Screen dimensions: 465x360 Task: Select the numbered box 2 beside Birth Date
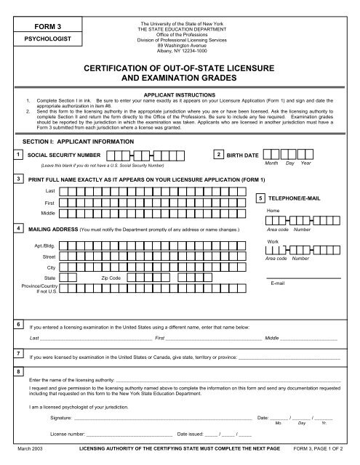tap(220, 155)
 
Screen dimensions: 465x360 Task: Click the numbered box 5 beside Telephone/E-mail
tap(261, 198)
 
